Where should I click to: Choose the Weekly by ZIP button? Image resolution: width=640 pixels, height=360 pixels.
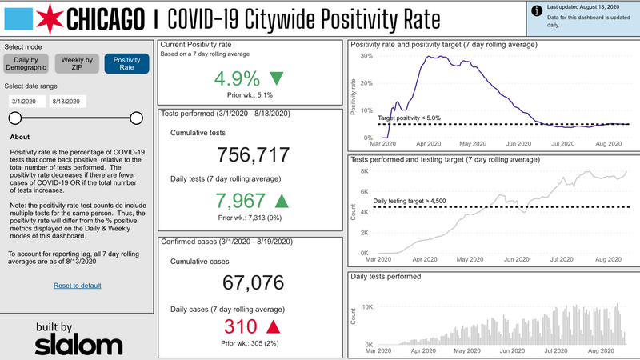point(78,64)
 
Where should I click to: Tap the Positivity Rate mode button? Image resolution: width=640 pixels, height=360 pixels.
point(126,64)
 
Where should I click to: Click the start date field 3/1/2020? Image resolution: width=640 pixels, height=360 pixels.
point(26,102)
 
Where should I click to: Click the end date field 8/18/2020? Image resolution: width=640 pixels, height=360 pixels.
point(66,102)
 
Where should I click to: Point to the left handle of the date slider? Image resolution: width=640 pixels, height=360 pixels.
point(14,118)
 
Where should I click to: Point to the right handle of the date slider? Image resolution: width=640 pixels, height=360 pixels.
point(136,118)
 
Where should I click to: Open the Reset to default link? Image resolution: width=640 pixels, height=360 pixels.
point(77,286)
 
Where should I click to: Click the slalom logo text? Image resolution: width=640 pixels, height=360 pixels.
point(74,343)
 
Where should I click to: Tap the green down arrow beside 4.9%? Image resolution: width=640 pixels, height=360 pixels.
point(277,78)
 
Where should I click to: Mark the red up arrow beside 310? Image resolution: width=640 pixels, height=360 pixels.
point(273,326)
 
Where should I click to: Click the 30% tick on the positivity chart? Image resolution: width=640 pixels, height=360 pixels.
point(367,57)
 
